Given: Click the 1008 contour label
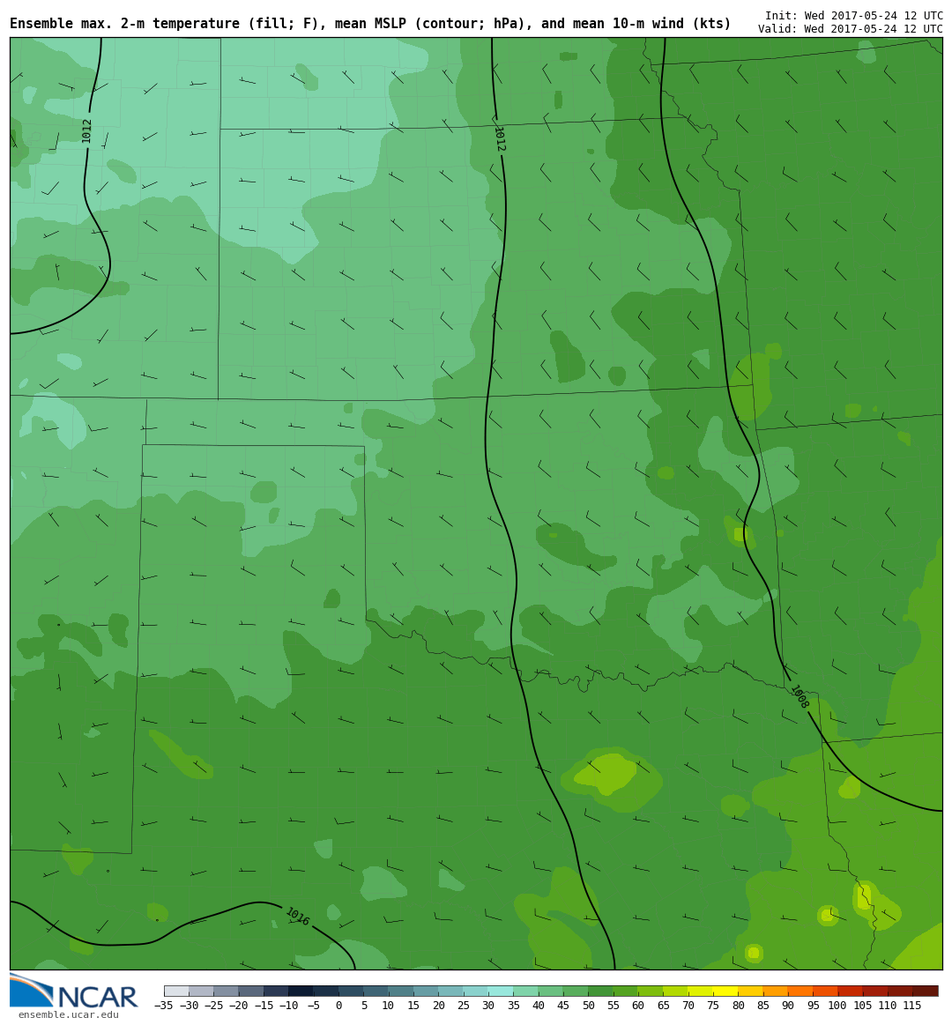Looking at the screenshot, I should coord(799,697).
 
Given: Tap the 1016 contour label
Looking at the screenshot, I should coord(297,917).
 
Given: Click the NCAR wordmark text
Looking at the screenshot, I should coord(97,998).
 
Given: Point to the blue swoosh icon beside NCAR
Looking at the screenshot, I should coord(30,991).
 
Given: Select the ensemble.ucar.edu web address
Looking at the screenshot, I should coord(68,1015).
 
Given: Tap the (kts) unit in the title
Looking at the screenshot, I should coord(713,24).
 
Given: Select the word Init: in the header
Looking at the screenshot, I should coord(782,16).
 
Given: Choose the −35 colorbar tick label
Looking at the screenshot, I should coord(164,1006).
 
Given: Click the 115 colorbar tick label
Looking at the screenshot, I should coord(912,1006).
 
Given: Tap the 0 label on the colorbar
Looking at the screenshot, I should coord(338,1006).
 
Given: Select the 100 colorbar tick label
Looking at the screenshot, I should coord(837,1006).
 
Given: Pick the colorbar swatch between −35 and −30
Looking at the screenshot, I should coord(176,991).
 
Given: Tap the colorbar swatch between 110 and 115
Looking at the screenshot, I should coord(899,991).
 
